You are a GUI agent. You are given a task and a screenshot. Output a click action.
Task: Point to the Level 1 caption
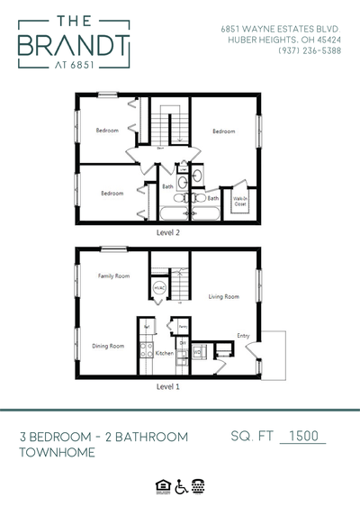[168, 385]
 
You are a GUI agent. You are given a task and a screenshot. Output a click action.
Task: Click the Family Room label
[114, 276]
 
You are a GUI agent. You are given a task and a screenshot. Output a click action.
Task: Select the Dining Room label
[109, 346]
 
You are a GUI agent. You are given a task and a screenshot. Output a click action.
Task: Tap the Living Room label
[223, 295]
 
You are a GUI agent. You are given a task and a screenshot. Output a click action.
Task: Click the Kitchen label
[165, 354]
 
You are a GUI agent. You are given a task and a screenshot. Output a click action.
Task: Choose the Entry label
[243, 336]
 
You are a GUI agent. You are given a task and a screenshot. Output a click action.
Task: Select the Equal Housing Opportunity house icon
[163, 485]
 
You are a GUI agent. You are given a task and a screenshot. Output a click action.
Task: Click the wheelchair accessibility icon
[180, 485]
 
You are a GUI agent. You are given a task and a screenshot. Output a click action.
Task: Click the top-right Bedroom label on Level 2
[223, 131]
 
